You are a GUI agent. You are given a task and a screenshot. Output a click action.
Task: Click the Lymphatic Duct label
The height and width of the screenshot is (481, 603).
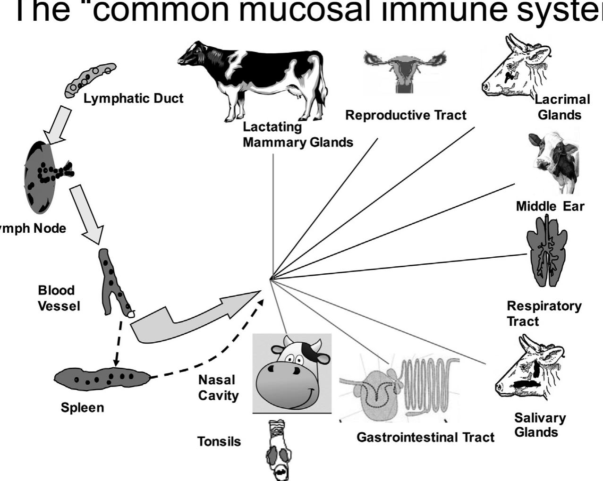click(x=133, y=99)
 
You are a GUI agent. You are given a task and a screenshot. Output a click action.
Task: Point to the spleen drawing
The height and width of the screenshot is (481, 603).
click(x=102, y=378)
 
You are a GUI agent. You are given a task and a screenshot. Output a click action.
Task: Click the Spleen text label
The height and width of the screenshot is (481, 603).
click(x=82, y=407)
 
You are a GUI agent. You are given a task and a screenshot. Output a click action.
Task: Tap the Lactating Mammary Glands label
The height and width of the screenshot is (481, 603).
click(x=297, y=135)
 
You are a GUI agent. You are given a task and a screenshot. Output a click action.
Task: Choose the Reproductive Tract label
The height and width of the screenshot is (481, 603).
click(x=406, y=115)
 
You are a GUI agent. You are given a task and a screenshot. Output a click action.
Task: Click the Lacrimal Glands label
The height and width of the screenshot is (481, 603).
click(x=561, y=107)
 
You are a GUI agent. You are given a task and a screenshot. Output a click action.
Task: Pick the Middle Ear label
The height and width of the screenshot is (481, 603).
click(x=550, y=206)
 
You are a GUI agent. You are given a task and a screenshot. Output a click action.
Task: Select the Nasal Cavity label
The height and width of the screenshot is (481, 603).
click(x=218, y=388)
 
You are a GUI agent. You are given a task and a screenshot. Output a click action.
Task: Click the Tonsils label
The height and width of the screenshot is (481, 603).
click(x=219, y=441)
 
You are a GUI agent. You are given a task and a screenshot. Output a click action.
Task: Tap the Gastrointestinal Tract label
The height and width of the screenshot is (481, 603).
click(x=425, y=438)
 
